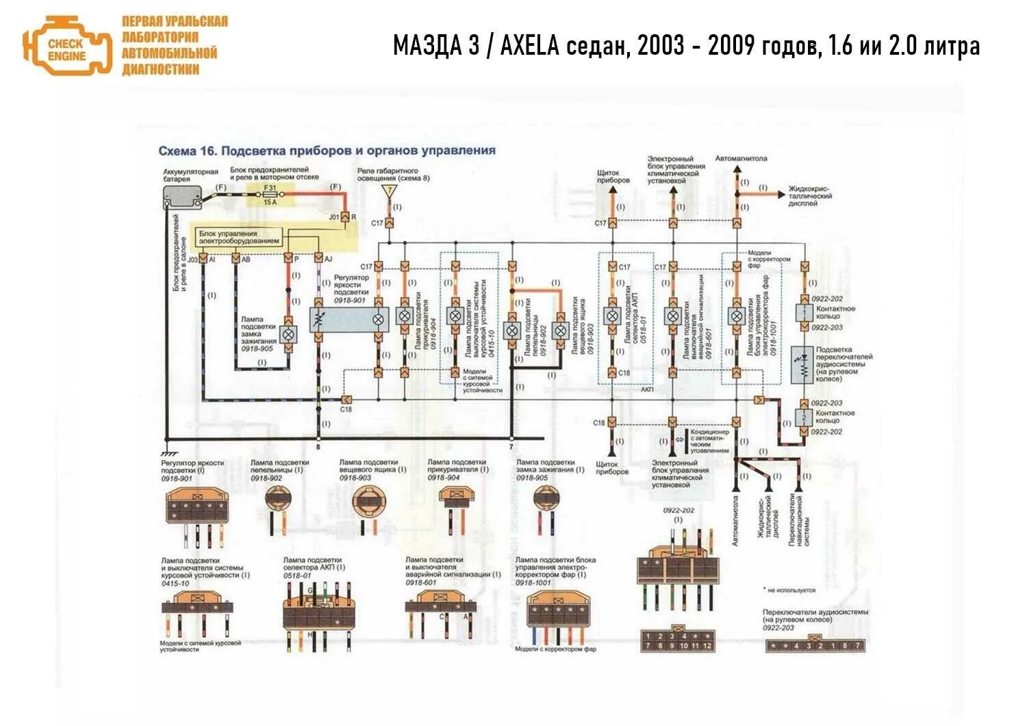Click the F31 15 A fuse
(270, 194)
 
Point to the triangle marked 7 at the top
(389, 190)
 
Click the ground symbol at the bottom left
(167, 453)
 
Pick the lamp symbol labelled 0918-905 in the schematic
(289, 335)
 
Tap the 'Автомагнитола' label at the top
(741, 159)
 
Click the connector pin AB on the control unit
(236, 260)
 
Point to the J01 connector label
(334, 217)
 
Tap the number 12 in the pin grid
(707, 645)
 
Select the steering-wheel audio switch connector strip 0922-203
(815, 645)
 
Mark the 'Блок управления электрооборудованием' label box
(240, 237)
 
